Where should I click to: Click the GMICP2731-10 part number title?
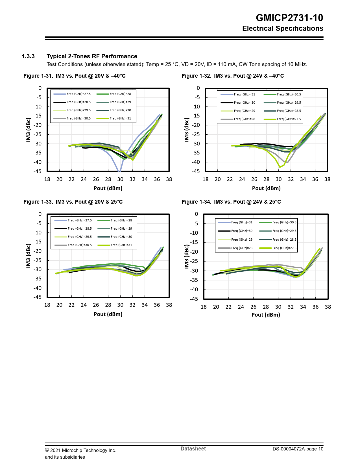pyautogui.click(x=289, y=18)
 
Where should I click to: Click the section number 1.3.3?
pyautogui.click(x=28, y=56)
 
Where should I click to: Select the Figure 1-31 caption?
pyautogui.click(x=74, y=76)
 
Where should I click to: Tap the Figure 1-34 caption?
pyautogui.click(x=231, y=202)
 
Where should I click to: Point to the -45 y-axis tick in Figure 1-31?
pyautogui.click(x=38, y=171)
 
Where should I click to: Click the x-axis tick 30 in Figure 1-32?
pyautogui.click(x=279, y=179)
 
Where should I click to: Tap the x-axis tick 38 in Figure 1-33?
pyautogui.click(x=169, y=305)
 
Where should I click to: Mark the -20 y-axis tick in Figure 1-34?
pyautogui.click(x=194, y=252)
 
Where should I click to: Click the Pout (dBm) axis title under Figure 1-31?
pyautogui.click(x=108, y=188)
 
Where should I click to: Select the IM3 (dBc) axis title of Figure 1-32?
pyautogui.click(x=186, y=130)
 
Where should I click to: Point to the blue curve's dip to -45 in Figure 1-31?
pyautogui.click(x=119, y=171)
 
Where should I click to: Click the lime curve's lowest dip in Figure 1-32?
pyautogui.click(x=280, y=167)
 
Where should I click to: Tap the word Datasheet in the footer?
pyautogui.click(x=193, y=449)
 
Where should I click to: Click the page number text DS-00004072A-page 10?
pyautogui.click(x=298, y=449)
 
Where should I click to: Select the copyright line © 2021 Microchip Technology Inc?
pyautogui.click(x=80, y=450)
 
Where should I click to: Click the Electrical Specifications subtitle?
pyautogui.click(x=283, y=29)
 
